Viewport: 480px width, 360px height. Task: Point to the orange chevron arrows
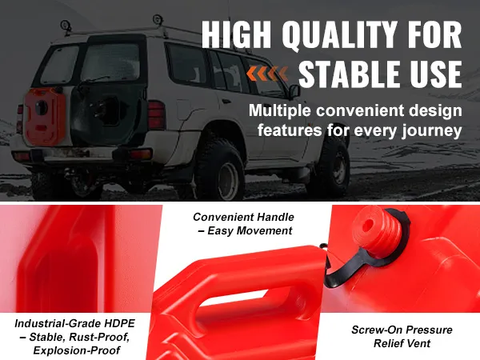(267, 74)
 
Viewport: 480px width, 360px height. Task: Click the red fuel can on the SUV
(45, 116)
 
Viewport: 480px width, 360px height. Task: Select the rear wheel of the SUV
(219, 170)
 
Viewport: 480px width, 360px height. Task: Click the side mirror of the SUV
(294, 91)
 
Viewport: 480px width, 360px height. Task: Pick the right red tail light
(156, 114)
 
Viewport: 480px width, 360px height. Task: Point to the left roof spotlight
(66, 25)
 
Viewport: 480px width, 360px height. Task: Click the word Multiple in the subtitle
(279, 111)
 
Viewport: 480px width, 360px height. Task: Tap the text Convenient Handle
(243, 217)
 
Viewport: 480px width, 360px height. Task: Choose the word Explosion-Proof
(77, 350)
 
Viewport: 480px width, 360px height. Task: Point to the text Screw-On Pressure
(402, 330)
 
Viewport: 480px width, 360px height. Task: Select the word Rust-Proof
(99, 337)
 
